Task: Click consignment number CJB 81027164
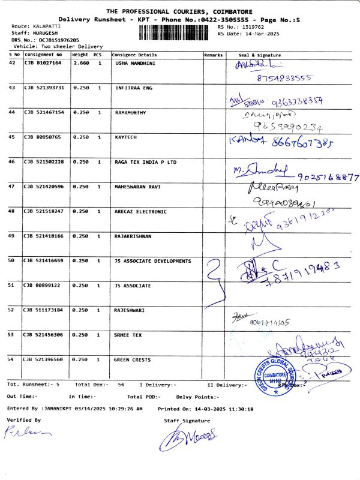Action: pos(43,62)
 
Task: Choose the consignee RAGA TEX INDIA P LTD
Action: pos(145,162)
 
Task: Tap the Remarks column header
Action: pos(213,55)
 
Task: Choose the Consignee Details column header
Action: pos(134,55)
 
